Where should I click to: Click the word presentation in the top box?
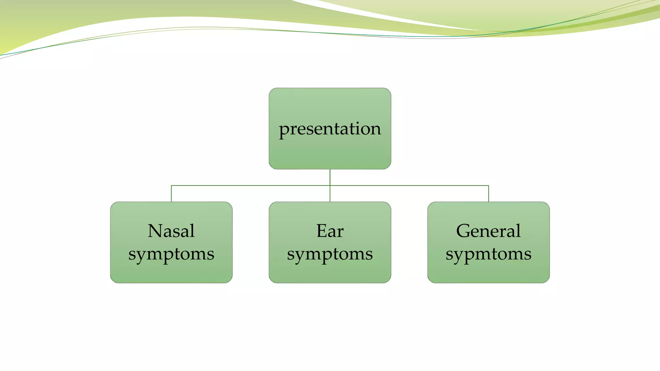point(330,129)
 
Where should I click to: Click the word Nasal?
point(171,231)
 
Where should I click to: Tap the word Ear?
point(330,231)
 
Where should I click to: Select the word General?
point(488,231)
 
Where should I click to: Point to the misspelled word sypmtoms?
point(488,254)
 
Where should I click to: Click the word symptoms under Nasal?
point(171,254)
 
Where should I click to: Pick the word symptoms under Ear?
point(330,254)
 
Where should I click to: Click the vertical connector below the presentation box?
point(330,177)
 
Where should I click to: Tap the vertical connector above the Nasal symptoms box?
point(171,194)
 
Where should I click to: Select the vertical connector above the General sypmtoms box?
point(489,194)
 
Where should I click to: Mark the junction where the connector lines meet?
point(330,185)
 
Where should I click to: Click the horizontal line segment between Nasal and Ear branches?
point(251,185)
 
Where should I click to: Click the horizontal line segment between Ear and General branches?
point(409,185)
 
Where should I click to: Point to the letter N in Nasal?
point(155,231)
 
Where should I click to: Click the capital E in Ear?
point(322,231)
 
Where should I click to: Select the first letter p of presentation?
point(284,130)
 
